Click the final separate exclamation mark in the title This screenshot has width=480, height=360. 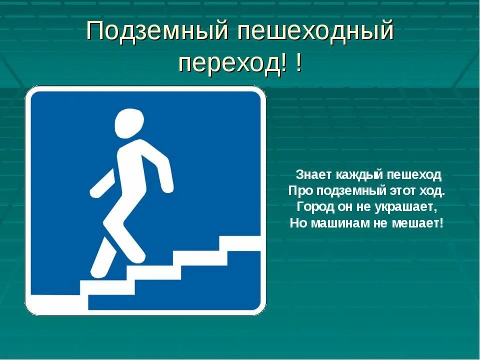coord(298,62)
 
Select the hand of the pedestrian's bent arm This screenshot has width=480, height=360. coord(168,187)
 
